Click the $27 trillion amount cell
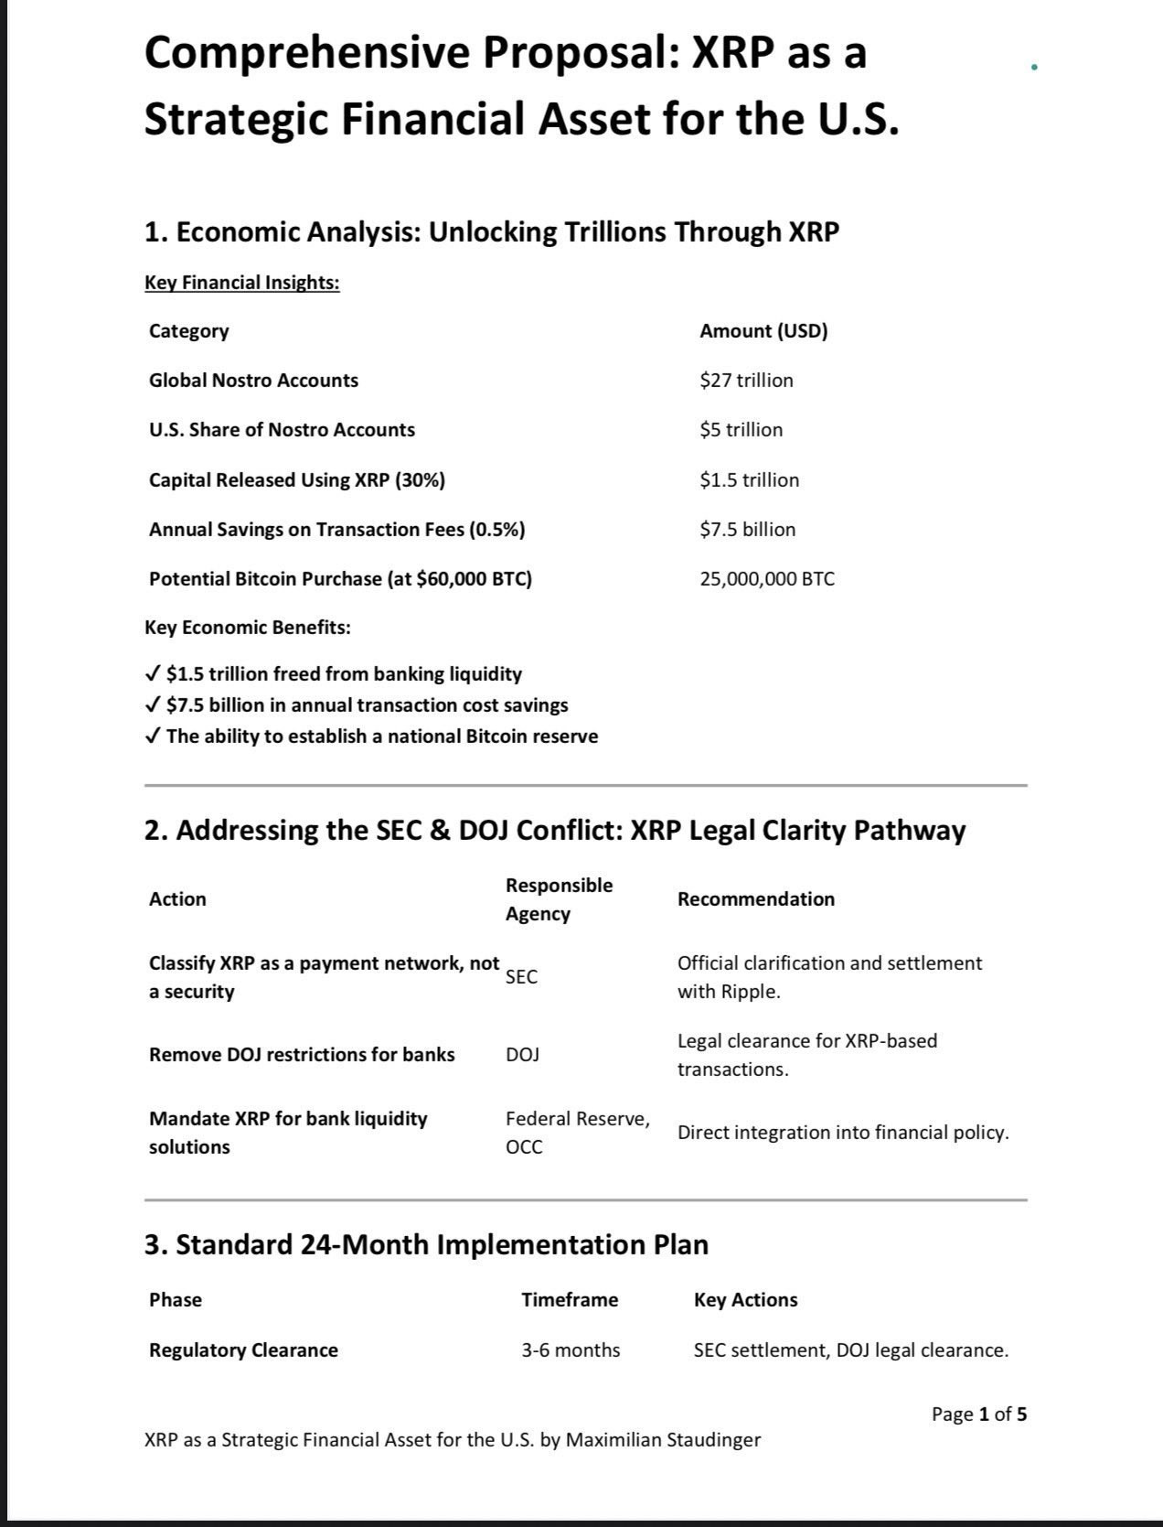coord(746,381)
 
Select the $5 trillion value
coord(741,430)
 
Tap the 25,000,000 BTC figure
coord(766,579)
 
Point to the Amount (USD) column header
coord(763,331)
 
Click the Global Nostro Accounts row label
coord(253,381)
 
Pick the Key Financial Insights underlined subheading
coord(241,283)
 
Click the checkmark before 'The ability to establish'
coord(154,737)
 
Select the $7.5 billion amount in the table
coord(747,530)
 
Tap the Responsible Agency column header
coord(559,899)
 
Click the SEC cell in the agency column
coord(521,977)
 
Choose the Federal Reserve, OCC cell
coord(577,1133)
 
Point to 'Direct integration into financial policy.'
coord(842,1133)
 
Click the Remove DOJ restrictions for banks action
coord(302,1055)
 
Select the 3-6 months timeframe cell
coord(571,1350)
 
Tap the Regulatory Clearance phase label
coord(243,1350)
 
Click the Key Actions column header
coord(745,1300)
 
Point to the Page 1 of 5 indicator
coord(978,1414)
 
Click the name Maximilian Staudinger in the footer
coord(663,1440)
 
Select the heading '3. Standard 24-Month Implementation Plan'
coord(426,1245)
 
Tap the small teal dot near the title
coord(1033,67)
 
